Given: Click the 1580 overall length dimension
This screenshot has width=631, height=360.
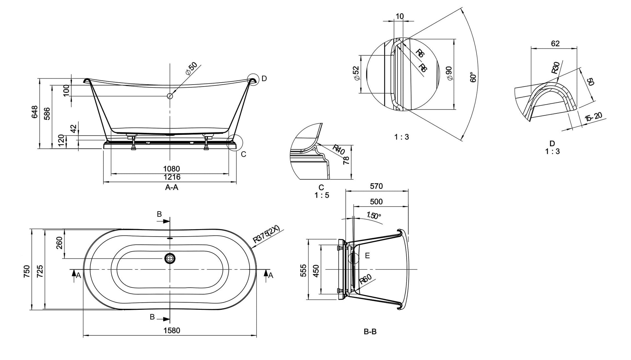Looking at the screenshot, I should [172, 331].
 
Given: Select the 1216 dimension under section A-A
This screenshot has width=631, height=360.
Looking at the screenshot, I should [172, 177].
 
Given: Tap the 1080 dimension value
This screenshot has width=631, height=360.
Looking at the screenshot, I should [172, 169].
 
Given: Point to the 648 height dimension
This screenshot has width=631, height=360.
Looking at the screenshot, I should [35, 112].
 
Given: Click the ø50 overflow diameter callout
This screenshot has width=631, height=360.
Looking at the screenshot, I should [191, 69].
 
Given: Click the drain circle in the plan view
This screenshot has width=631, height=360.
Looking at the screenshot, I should [170, 258].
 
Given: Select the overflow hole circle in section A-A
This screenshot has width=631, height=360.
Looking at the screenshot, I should [170, 96].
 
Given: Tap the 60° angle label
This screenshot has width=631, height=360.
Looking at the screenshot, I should [473, 77].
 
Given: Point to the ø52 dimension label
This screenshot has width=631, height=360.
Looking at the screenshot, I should [356, 74].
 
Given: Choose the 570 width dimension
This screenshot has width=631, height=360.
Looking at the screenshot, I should [376, 186].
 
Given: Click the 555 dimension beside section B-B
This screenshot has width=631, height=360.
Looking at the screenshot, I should [303, 271].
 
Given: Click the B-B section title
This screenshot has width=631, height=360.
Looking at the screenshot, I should [370, 332].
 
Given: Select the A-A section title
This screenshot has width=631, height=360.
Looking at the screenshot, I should [172, 187].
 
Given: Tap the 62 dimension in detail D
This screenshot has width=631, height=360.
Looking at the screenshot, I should [555, 43].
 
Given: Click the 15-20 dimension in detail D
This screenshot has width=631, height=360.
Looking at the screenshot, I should [593, 117].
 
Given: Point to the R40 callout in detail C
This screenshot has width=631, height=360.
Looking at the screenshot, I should [339, 149].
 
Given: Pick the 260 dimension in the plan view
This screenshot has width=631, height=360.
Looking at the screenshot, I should [59, 243].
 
